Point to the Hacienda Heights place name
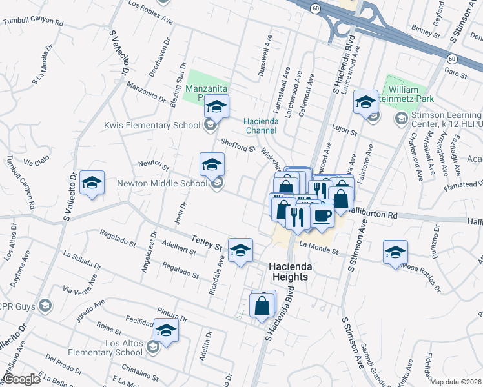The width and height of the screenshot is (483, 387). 287,271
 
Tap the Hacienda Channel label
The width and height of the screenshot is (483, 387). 260,125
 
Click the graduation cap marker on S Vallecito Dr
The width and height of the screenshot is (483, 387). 92,183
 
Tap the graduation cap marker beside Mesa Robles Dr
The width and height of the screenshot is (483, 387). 395,252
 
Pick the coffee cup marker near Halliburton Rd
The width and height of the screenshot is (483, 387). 322,215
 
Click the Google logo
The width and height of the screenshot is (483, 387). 21,380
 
